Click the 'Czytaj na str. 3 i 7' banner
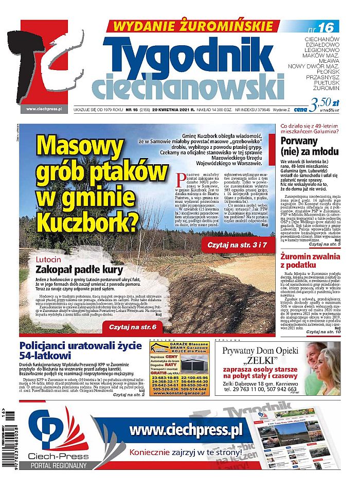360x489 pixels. (x=238, y=247)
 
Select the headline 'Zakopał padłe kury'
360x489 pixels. (x=78, y=270)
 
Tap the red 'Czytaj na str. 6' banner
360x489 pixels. (x=133, y=327)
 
